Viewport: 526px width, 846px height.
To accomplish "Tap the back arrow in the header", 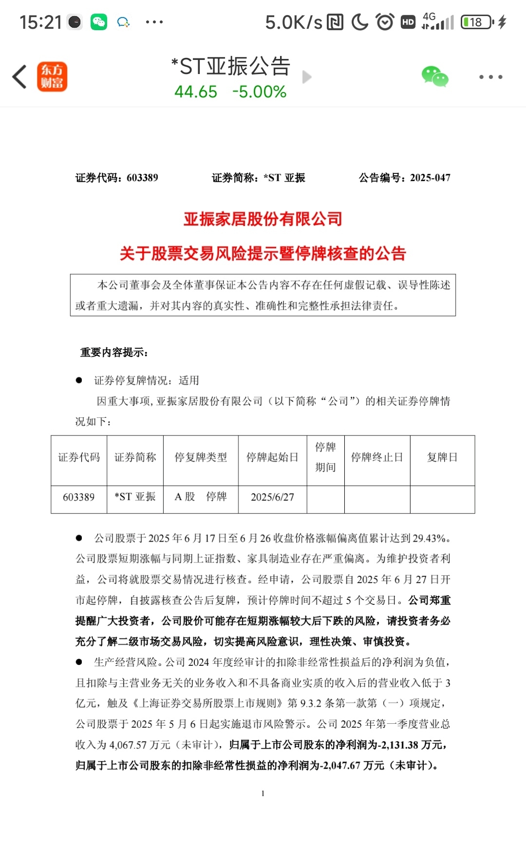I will coord(19,77).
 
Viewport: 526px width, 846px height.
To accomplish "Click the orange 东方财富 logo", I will coord(52,77).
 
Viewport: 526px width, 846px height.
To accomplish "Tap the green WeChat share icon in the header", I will coord(434,77).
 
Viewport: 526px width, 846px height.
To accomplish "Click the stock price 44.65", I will coord(196,92).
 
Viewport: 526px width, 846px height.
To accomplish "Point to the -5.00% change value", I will coord(259,92).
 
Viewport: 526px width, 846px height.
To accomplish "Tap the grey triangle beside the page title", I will coord(306,77).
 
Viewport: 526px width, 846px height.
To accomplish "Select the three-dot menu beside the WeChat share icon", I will coord(490,77).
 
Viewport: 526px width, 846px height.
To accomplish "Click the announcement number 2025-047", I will coord(430,178).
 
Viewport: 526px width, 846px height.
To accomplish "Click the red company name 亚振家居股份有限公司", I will coord(263,219).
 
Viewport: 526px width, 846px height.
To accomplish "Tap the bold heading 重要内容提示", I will coord(114,352).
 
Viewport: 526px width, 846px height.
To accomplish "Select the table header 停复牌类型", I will coord(201,457).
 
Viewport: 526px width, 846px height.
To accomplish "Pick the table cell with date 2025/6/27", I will coord(272,497).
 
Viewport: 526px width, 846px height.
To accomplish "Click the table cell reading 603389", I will coord(79,497).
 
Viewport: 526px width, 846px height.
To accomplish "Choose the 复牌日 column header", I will coord(442,457).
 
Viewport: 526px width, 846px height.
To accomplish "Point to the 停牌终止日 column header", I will coord(377,457).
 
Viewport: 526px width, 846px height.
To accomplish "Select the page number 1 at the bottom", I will coord(263,793).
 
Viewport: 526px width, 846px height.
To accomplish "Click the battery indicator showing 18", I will coord(476,22).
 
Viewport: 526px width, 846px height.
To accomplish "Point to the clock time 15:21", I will coord(40,22).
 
